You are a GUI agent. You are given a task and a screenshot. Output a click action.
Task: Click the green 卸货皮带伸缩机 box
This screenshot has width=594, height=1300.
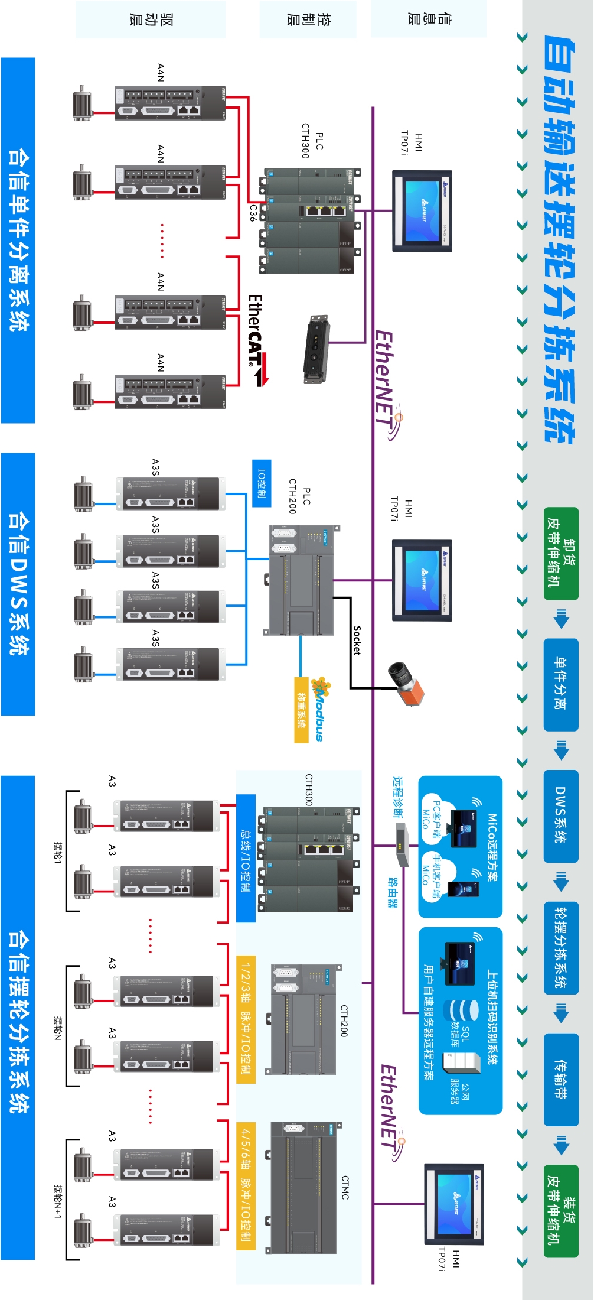click(x=561, y=554)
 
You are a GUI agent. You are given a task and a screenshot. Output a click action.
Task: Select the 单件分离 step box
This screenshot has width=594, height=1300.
click(x=561, y=684)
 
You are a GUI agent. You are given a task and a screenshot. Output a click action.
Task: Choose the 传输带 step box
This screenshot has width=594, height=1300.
click(x=561, y=1079)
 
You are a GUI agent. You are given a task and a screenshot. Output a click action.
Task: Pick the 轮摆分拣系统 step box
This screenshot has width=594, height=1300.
click(x=561, y=947)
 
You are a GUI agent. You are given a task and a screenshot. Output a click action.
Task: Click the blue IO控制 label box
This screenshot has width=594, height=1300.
click(x=262, y=483)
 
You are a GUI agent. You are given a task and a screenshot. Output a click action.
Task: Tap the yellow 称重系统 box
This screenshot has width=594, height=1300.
click(x=302, y=710)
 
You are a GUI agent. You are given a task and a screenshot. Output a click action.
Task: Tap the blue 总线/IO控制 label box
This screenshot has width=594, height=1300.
click(x=246, y=857)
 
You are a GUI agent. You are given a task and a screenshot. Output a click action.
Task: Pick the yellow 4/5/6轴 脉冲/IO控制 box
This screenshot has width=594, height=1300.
click(x=246, y=1185)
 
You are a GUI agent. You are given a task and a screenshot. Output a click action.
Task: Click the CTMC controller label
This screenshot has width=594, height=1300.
click(x=345, y=1187)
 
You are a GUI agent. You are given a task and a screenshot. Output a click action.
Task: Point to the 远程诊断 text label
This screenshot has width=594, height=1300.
click(x=398, y=797)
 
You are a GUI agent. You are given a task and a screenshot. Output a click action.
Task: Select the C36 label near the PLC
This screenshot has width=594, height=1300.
click(x=253, y=213)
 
